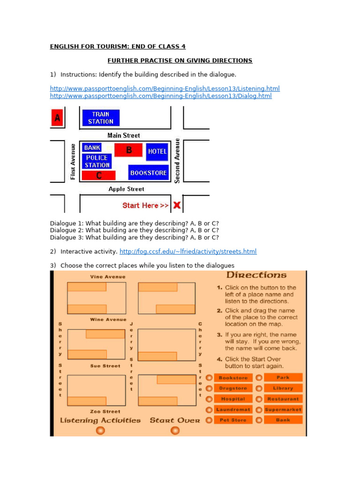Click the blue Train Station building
click(x=101, y=118)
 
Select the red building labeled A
click(x=57, y=118)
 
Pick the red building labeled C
click(x=99, y=176)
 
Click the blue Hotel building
click(x=157, y=151)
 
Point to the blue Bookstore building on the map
click(x=148, y=172)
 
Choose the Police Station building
click(x=97, y=161)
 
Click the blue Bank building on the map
click(x=92, y=148)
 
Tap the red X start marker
click(x=177, y=205)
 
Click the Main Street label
click(x=124, y=135)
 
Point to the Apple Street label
click(x=127, y=189)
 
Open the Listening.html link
click(x=165, y=88)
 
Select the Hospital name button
click(x=233, y=399)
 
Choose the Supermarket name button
click(x=283, y=410)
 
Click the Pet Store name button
click(x=233, y=420)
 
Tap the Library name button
click(x=283, y=388)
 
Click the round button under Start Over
click(x=175, y=430)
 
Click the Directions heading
click(x=256, y=275)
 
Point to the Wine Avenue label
click(x=108, y=319)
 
